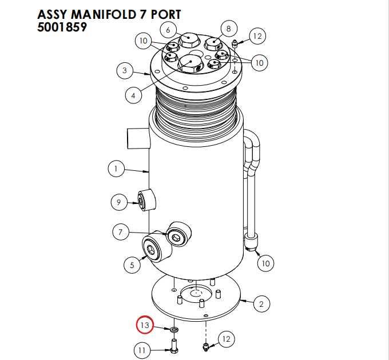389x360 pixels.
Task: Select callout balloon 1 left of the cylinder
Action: tap(116, 169)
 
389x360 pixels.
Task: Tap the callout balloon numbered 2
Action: tap(261, 303)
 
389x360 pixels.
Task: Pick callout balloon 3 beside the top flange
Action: tap(125, 71)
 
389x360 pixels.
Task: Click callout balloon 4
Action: tap(133, 95)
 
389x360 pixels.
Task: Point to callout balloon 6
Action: tap(168, 29)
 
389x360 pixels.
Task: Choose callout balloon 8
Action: tap(228, 28)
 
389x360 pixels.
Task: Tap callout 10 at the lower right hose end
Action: tap(265, 263)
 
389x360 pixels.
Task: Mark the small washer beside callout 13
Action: tap(172, 330)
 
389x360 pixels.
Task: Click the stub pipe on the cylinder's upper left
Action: tap(137, 138)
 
